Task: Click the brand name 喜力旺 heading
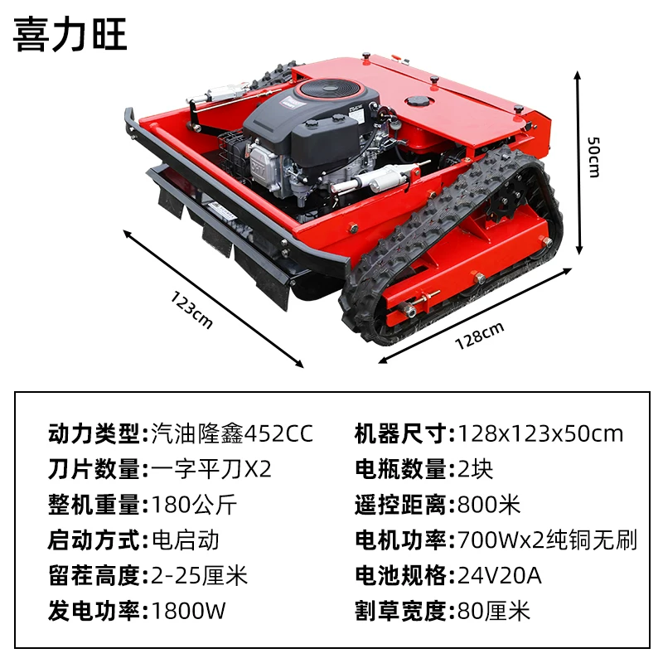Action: point(70,35)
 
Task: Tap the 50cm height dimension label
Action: point(593,157)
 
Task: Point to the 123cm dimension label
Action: point(191,310)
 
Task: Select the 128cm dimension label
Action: point(480,336)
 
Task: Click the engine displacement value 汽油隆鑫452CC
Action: point(232,433)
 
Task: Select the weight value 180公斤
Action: point(194,505)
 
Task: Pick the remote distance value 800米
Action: point(489,505)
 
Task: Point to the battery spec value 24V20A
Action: point(500,575)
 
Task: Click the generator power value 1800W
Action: point(188,611)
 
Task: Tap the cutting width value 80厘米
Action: point(494,611)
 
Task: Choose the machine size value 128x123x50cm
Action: point(540,433)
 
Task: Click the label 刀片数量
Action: point(94,469)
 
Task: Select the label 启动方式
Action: point(94,540)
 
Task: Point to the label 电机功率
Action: point(400,540)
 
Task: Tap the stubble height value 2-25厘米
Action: point(199,575)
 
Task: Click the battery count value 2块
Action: point(475,469)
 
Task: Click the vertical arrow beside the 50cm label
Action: point(578,163)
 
